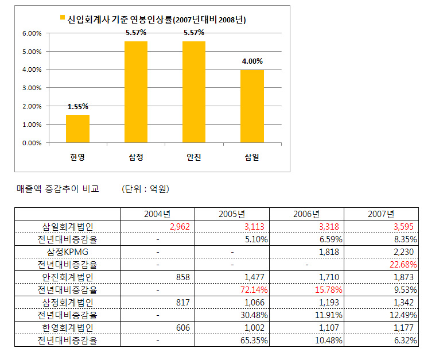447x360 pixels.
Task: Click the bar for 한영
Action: pos(77,129)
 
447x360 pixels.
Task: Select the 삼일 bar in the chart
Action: pos(252,106)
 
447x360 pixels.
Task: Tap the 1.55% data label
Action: pos(78,107)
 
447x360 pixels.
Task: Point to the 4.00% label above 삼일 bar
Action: pos(252,61)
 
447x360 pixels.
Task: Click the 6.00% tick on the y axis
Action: pos(32,33)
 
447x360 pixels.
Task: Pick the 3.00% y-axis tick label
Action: pos(32,88)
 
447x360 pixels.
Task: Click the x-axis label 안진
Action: pos(194,157)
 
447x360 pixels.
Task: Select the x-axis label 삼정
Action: pos(136,157)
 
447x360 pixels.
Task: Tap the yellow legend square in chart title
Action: pos(63,18)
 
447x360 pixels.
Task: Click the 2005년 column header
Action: pos(232,214)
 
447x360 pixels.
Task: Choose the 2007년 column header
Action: pos(381,214)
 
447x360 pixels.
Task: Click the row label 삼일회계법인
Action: pos(68,227)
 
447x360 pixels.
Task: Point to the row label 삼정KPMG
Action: pos(68,252)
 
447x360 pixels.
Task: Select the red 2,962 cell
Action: pos(180,227)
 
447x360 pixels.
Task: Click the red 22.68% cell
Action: pos(403,265)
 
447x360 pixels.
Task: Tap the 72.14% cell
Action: pos(254,290)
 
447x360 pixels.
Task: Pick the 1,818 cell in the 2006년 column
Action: pos(329,252)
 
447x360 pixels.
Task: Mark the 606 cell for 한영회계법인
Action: pos(183,327)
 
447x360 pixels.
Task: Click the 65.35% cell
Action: pos(254,340)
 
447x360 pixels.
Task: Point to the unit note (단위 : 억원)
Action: pos(145,189)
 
